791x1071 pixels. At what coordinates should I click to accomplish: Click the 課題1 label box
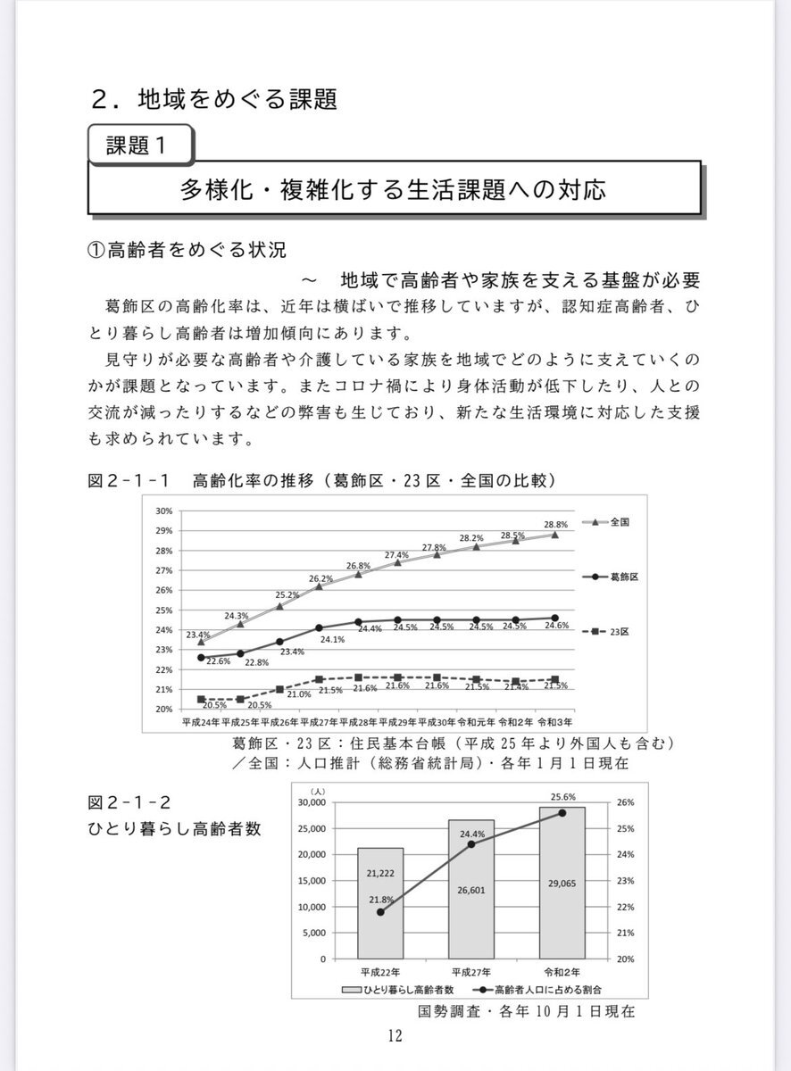click(140, 145)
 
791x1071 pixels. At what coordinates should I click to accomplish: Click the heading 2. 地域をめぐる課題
click(214, 97)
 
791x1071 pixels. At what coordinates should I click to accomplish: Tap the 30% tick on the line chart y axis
click(163, 511)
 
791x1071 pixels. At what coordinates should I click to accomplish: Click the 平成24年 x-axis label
click(200, 720)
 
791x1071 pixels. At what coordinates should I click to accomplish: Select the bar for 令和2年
click(562, 883)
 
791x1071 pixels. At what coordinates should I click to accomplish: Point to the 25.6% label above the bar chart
click(562, 796)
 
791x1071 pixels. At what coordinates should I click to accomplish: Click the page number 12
click(395, 1036)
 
